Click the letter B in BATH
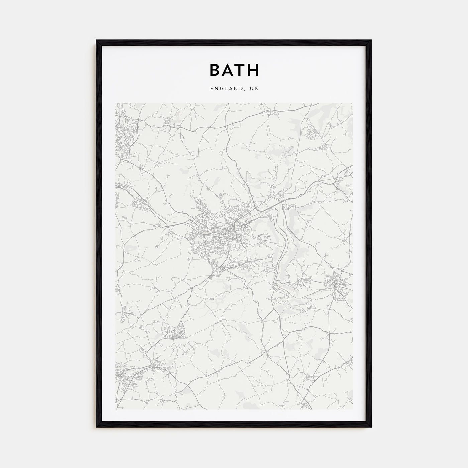[x=215, y=70]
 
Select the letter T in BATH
[x=240, y=70]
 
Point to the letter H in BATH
[x=253, y=70]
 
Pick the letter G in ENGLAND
[x=220, y=89]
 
